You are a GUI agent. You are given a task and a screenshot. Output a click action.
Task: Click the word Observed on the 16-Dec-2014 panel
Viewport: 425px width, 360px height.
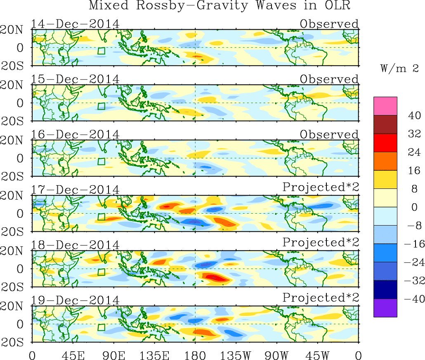tap(329, 134)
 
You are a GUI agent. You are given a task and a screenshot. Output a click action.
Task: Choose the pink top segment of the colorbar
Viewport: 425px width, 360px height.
tap(385, 106)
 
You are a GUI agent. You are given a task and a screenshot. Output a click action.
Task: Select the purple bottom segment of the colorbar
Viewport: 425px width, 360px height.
tap(385, 308)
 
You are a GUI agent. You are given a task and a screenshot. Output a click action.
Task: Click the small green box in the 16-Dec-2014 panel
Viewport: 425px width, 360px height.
tap(102, 161)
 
